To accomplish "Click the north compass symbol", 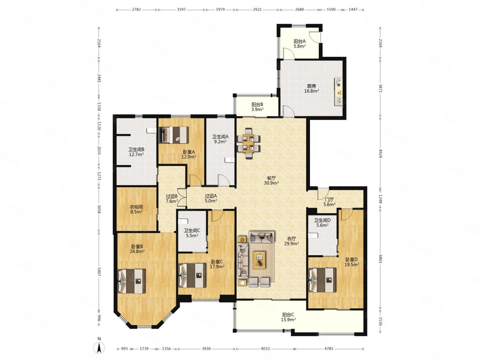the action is pos(99,346).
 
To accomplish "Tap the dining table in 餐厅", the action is pos(249,144).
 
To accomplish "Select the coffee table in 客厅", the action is pos(259,260).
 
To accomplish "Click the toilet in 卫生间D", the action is pos(313,236).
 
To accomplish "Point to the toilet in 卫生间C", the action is pos(183,221).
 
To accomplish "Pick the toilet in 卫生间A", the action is pos(230,160).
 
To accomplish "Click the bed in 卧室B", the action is pos(131,281).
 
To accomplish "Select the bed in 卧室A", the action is pos(174,135).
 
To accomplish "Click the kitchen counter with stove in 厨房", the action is pos(338,92).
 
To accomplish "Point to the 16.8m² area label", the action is pos(311,91).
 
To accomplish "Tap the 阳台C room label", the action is pos(288,315).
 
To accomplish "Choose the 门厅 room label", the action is pos(329,199).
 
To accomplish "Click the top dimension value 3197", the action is pos(181,9).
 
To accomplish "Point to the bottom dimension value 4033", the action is pos(265,349).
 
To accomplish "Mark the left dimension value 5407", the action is pos(99,271).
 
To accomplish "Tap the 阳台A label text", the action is pos(299,41).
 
